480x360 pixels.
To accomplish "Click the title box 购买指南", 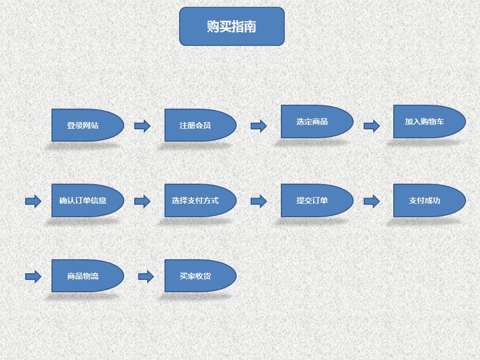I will tap(232, 26).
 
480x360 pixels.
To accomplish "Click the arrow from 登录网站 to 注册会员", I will tap(143, 126).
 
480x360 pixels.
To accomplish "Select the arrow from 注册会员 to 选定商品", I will tap(258, 126).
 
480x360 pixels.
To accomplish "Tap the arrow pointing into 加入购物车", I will tap(371, 126).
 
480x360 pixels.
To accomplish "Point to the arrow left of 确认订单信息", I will tap(34, 201).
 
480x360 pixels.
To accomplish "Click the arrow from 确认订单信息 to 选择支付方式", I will tap(143, 201).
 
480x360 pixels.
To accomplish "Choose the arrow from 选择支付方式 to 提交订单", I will tap(258, 201).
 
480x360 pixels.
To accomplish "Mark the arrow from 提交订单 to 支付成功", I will tap(371, 201).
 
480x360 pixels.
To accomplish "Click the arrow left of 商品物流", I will tap(34, 276).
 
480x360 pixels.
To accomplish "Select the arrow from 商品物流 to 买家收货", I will tap(145, 276).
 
